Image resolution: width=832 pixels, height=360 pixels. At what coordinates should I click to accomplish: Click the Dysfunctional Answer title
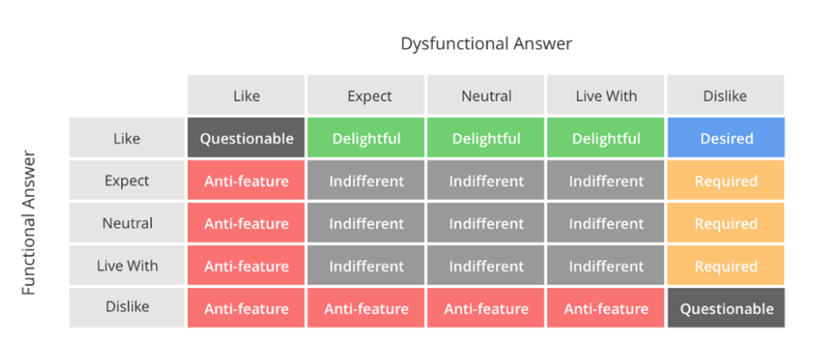[486, 43]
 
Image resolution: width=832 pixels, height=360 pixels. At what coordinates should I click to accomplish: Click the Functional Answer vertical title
[29, 223]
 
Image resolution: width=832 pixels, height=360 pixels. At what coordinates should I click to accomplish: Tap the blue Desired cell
[726, 138]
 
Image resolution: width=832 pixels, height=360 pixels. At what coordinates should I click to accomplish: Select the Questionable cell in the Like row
[246, 138]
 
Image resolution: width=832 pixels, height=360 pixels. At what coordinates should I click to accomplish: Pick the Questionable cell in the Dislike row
[726, 308]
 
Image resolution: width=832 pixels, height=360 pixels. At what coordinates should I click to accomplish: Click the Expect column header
[366, 95]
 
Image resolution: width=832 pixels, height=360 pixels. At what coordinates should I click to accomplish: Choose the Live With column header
[606, 95]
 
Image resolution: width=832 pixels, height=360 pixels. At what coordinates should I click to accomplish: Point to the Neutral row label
[127, 223]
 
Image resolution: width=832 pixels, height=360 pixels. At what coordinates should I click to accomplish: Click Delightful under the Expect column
[366, 138]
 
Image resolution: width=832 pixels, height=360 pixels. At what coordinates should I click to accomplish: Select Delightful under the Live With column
[606, 138]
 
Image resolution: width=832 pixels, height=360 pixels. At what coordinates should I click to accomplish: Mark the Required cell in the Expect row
[726, 180]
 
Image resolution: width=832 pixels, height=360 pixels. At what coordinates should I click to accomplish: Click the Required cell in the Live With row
[726, 265]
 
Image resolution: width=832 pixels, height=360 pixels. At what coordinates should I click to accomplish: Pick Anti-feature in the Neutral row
[246, 223]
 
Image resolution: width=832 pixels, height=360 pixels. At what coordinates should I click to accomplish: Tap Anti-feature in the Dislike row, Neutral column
[486, 308]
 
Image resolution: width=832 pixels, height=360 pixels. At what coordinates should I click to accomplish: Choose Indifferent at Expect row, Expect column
[366, 180]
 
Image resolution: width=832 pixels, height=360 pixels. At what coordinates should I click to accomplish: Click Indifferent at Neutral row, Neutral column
[486, 223]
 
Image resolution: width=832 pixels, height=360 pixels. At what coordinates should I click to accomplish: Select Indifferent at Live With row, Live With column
[606, 265]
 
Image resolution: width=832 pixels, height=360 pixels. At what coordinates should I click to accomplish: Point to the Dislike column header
[726, 95]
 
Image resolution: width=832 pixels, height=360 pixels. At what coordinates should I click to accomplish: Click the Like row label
[127, 138]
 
